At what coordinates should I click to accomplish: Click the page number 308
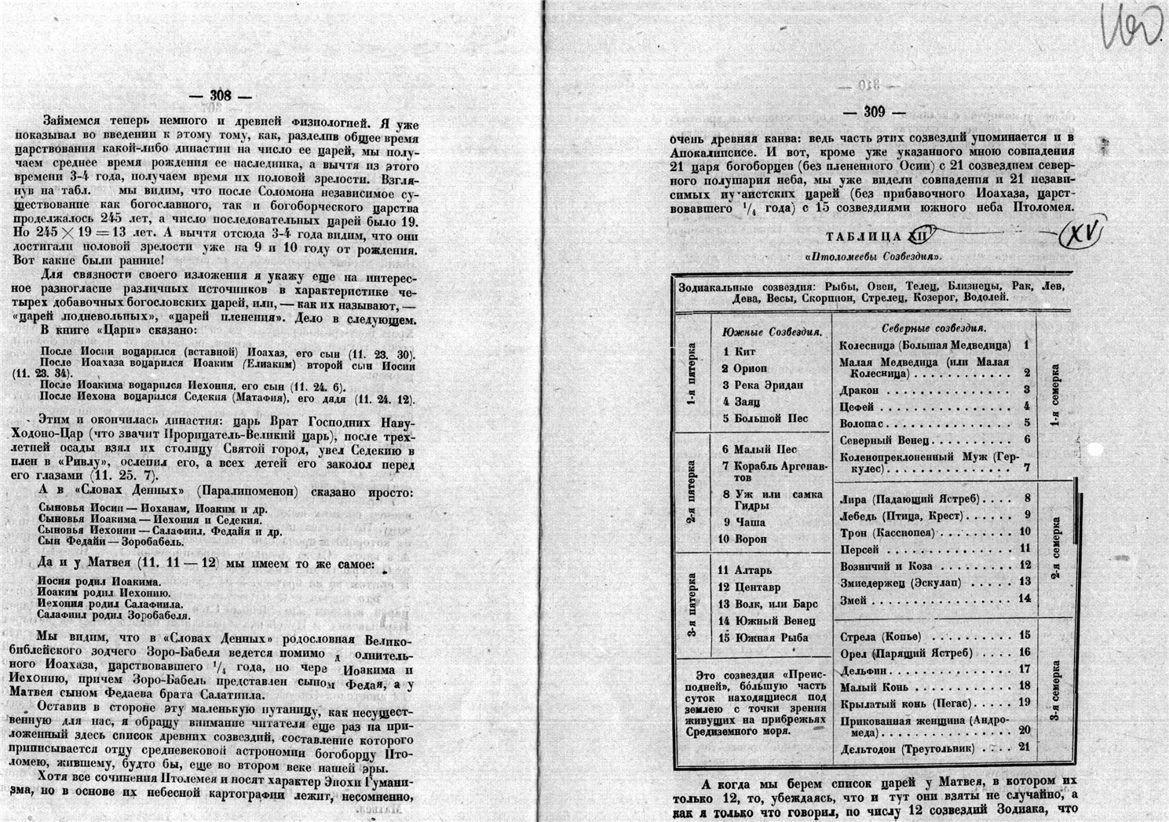[x=221, y=95]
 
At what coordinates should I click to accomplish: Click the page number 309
[x=874, y=112]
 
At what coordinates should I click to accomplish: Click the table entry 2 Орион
[x=745, y=368]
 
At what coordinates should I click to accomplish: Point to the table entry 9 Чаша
[x=744, y=522]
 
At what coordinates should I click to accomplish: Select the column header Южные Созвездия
[x=772, y=332]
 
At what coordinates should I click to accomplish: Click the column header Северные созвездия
[x=933, y=328]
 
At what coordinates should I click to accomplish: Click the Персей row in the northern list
[x=860, y=549]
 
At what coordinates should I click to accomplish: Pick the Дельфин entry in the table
[x=864, y=670]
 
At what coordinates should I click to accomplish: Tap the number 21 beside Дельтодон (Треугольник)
[x=1024, y=747]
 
